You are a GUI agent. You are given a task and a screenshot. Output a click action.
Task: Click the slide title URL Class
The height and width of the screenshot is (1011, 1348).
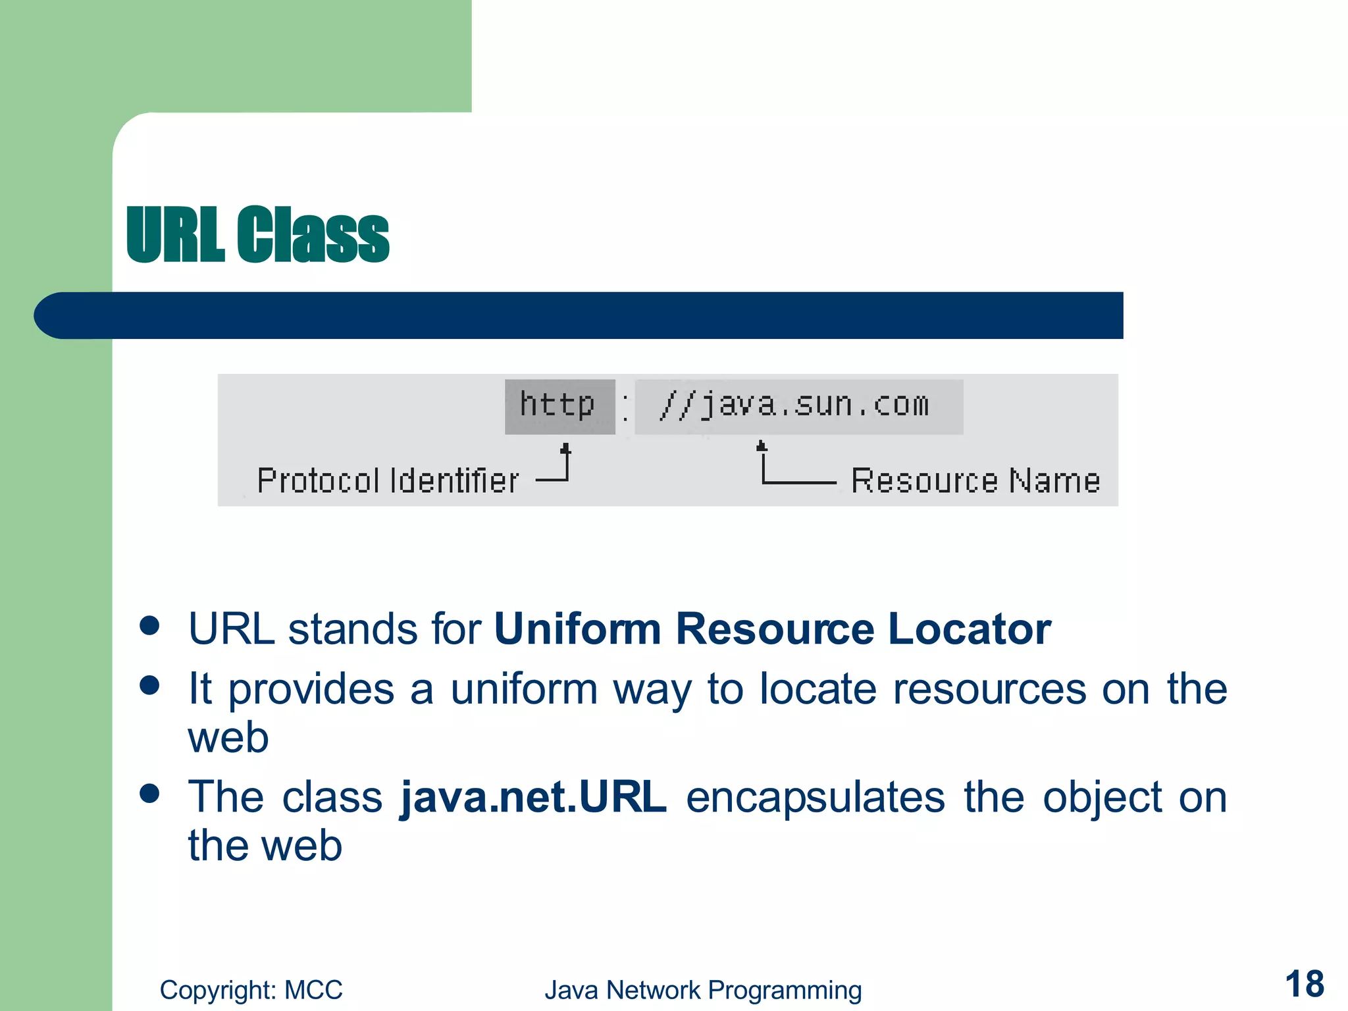click(257, 234)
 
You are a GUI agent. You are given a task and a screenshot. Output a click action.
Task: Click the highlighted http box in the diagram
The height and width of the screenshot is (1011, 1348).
click(559, 405)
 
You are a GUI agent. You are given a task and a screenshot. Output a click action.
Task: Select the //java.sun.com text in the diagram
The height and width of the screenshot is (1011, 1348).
click(795, 405)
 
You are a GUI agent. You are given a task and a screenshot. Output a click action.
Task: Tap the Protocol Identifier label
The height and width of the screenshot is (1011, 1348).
click(388, 480)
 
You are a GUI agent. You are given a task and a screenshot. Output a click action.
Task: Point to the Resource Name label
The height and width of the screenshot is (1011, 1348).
click(975, 480)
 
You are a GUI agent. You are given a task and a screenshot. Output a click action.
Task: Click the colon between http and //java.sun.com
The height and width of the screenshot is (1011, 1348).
click(625, 407)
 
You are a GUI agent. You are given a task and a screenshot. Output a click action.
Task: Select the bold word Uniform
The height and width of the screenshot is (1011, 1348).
click(577, 629)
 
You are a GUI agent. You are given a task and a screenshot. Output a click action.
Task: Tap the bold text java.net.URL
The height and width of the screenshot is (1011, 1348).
click(533, 797)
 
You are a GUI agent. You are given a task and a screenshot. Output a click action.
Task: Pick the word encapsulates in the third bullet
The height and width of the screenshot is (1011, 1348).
click(815, 797)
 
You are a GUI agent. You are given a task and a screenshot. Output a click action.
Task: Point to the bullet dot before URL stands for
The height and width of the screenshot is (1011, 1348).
click(150, 625)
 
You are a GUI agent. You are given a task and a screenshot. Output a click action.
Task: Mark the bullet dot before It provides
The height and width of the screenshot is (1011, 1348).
click(150, 685)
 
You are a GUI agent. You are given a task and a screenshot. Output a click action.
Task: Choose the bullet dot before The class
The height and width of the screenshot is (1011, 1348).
click(150, 793)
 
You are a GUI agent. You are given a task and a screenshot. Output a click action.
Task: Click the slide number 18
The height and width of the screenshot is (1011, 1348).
click(1304, 984)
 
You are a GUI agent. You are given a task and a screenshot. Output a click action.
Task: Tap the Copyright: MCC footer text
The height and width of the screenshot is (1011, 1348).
click(251, 990)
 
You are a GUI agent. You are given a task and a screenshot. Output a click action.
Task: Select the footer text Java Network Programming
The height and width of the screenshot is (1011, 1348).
click(702, 990)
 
